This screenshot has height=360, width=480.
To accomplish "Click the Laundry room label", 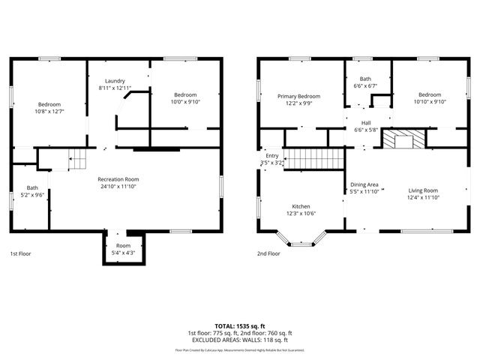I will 115,81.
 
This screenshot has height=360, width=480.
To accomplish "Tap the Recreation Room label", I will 118,179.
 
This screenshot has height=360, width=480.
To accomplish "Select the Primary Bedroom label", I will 298,96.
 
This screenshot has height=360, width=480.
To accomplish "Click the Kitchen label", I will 301,206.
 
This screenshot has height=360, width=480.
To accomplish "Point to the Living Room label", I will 423,190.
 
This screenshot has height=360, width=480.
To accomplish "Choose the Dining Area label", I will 364,184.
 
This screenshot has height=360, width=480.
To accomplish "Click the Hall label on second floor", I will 366,123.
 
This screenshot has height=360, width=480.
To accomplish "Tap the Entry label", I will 271,155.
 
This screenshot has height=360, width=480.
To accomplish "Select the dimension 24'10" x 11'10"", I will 118,187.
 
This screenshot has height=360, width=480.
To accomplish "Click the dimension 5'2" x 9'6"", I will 32,195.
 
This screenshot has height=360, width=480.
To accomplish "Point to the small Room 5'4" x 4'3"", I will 123,249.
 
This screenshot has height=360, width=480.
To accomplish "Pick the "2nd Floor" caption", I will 268,254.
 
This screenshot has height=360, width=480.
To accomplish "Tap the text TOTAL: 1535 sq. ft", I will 239,326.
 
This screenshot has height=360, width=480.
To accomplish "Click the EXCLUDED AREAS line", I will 239,340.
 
